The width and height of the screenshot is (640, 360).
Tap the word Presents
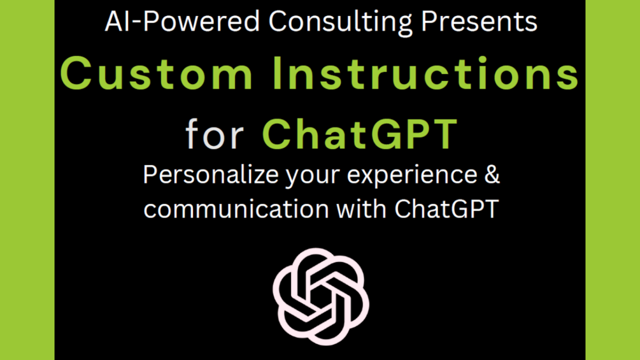[479, 21]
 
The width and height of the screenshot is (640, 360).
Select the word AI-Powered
[182, 21]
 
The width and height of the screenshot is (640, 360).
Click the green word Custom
[157, 73]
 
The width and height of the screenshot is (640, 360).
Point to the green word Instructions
[426, 73]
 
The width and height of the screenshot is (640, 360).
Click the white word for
[214, 133]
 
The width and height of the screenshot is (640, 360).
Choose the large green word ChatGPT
[360, 134]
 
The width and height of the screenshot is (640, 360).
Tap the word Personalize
[211, 175]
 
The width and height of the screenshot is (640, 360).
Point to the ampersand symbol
[492, 175]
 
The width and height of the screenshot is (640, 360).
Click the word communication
[236, 209]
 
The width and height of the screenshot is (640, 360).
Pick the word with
[362, 209]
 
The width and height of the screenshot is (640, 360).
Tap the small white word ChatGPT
[446, 209]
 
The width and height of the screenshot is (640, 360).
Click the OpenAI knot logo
[321, 297]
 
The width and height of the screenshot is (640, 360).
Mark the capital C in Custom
[76, 73]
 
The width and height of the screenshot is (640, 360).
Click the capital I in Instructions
[278, 73]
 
